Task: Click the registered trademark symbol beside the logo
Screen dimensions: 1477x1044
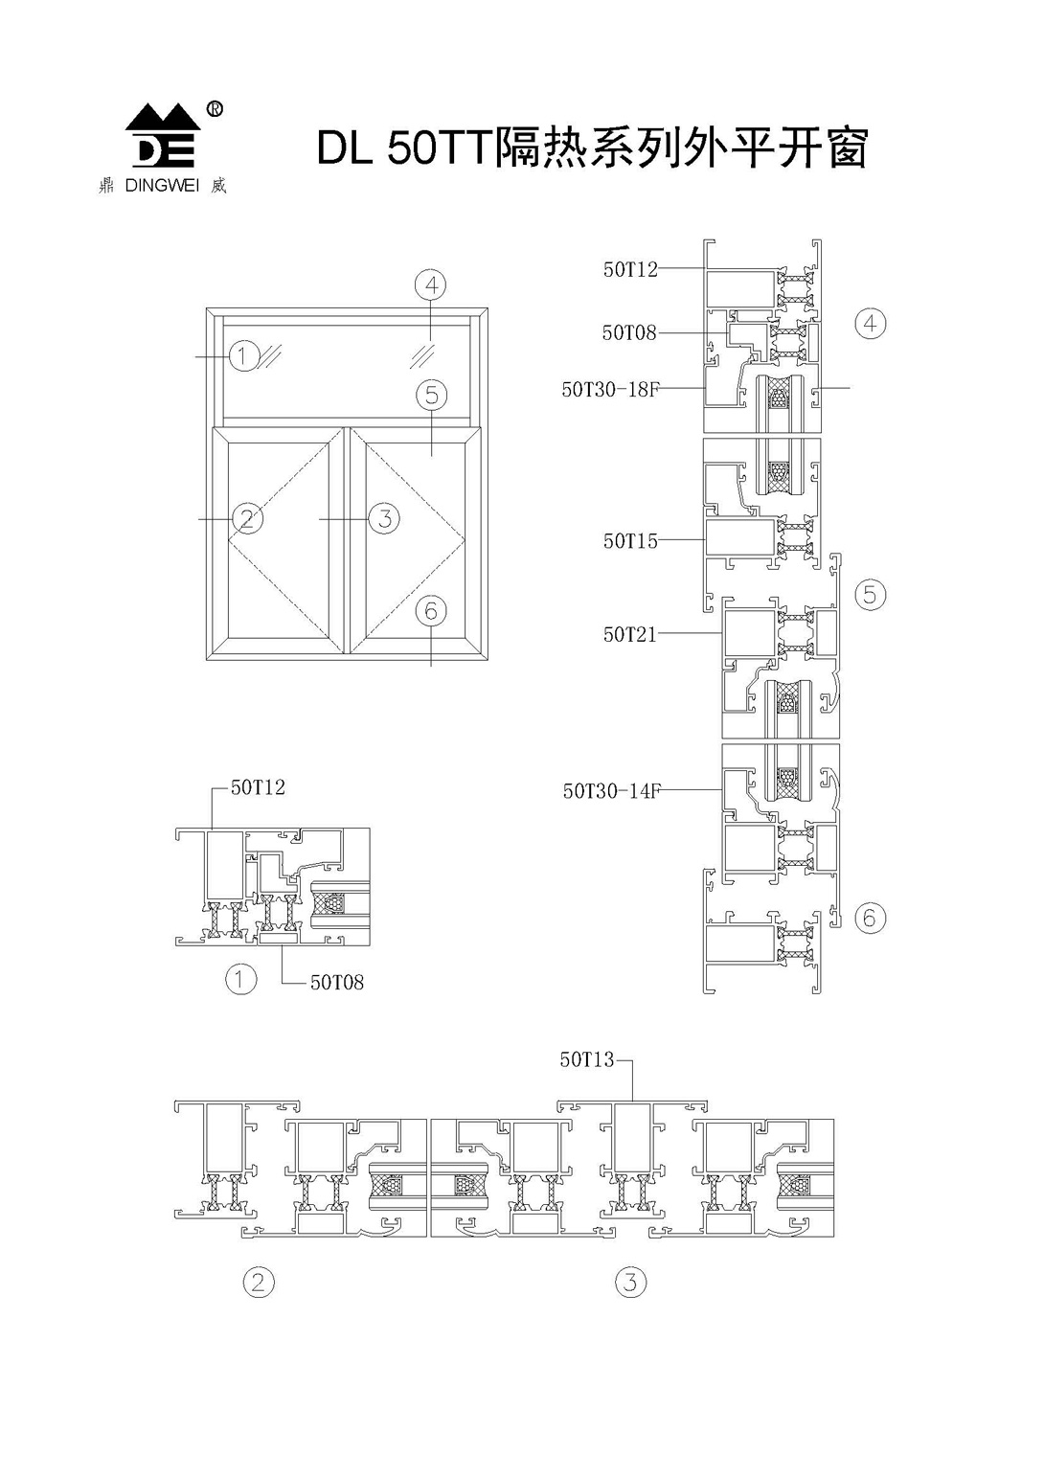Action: click(x=216, y=109)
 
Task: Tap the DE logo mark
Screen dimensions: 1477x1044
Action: click(x=163, y=136)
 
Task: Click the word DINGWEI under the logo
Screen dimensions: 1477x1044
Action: click(x=161, y=187)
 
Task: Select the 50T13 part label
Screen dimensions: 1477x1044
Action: click(x=587, y=1059)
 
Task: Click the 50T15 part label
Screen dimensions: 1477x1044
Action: click(x=630, y=541)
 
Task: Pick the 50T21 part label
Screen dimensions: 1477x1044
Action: click(x=630, y=634)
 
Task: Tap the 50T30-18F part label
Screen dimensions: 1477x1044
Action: click(x=610, y=389)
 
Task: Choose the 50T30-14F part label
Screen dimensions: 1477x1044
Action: click(x=611, y=790)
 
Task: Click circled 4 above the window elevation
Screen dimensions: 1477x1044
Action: click(x=431, y=284)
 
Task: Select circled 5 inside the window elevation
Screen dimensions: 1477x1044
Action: click(x=432, y=395)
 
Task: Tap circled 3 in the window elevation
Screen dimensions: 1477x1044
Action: click(x=384, y=519)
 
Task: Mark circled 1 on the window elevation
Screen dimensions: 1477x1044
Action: click(x=243, y=356)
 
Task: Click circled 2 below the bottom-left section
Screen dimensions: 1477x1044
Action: click(x=258, y=1282)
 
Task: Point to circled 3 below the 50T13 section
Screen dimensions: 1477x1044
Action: click(x=630, y=1282)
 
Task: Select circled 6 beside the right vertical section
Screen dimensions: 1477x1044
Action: click(x=870, y=918)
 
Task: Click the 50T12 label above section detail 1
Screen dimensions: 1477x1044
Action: click(x=258, y=787)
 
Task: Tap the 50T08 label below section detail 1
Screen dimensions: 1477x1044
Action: click(x=337, y=983)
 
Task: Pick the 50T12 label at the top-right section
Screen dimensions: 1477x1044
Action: click(x=630, y=269)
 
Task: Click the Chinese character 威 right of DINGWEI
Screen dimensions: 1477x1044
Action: click(x=218, y=187)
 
